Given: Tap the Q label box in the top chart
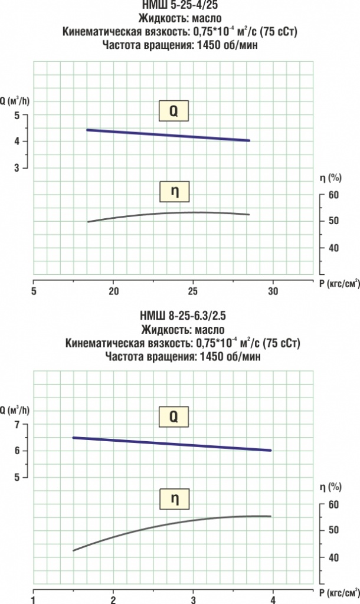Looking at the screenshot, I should tap(174, 110).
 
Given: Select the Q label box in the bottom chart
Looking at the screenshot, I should tap(174, 417).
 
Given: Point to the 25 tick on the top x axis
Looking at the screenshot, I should tap(193, 291).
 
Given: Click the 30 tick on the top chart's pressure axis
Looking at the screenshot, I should tap(273, 291).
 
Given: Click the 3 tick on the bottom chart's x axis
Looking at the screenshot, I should tap(193, 599).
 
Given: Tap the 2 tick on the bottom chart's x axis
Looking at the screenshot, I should tap(113, 599).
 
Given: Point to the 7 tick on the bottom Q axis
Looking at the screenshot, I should tap(17, 425).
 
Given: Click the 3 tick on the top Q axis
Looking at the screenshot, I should tap(17, 168).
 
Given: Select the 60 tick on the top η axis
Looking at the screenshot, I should tap(333, 194).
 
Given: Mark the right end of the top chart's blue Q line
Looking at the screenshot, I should tap(250, 140).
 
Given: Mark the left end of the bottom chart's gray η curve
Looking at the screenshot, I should tap(73, 550).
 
